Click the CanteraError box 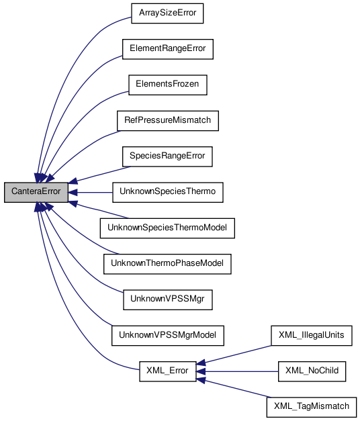(x=36, y=192)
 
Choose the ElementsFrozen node (x=167, y=85)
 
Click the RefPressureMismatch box (x=167, y=121)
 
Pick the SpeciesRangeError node (x=167, y=156)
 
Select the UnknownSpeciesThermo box (x=167, y=192)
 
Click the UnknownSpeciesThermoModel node (x=167, y=228)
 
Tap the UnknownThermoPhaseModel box (x=167, y=265)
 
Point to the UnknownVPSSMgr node (x=167, y=300)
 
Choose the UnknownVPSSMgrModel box (x=167, y=334)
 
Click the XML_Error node (x=167, y=371)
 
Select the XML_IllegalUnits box (x=311, y=334)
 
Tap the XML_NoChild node (x=311, y=371)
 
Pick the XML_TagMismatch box (x=311, y=407)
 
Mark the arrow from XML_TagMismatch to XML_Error (x=235, y=388)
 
